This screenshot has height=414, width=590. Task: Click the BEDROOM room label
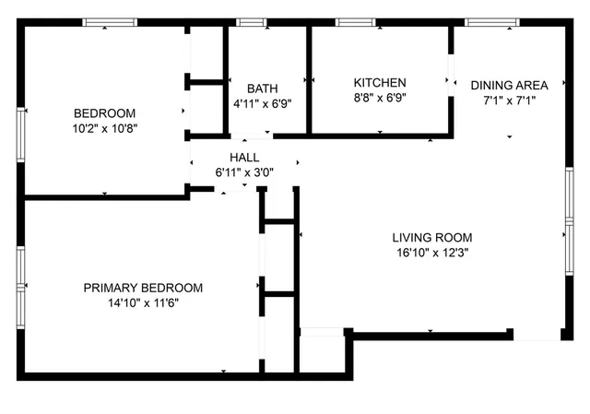(105, 112)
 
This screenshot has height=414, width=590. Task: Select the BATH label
(262, 89)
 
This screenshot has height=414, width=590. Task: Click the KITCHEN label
(380, 82)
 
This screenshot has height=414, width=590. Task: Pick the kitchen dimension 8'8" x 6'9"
(380, 97)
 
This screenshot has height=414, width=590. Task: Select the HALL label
(244, 157)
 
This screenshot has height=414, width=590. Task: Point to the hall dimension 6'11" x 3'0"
(244, 172)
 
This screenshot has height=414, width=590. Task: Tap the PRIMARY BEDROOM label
(143, 288)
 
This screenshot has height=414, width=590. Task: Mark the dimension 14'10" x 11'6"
(143, 303)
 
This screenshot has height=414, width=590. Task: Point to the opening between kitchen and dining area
(451, 81)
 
